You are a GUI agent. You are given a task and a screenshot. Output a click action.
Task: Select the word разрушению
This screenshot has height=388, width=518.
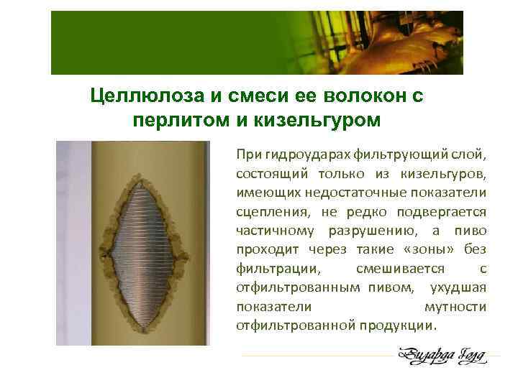pyautogui.click(x=366, y=231)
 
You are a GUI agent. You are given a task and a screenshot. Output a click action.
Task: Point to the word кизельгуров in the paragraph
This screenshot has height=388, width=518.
pyautogui.click(x=447, y=175)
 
